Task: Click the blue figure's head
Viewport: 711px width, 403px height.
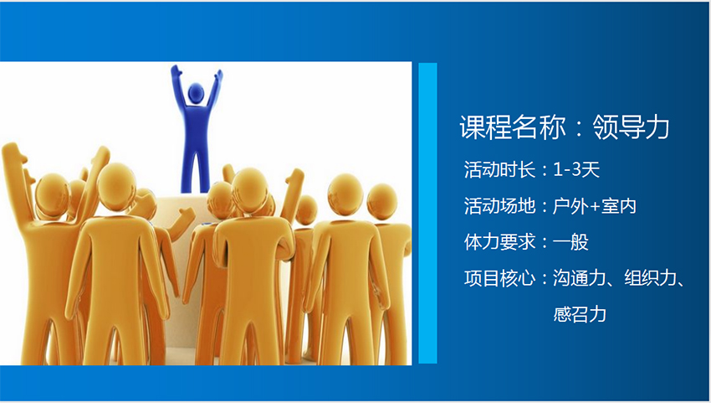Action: pyautogui.click(x=196, y=93)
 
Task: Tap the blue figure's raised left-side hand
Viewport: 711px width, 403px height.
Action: pyautogui.click(x=176, y=71)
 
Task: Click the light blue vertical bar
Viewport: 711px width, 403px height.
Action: pyautogui.click(x=427, y=213)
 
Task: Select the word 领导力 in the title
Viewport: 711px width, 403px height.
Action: pyautogui.click(x=631, y=127)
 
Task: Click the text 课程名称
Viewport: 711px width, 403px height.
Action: pyautogui.click(x=513, y=127)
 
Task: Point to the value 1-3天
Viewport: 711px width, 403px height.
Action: pyautogui.click(x=576, y=170)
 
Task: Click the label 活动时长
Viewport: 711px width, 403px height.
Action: pyautogui.click(x=499, y=170)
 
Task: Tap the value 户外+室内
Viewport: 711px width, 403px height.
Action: pyautogui.click(x=595, y=206)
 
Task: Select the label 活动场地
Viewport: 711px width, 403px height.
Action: pyautogui.click(x=499, y=206)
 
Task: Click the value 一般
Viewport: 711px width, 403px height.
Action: pyautogui.click(x=570, y=242)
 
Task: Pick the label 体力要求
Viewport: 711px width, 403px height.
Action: pyautogui.click(x=499, y=242)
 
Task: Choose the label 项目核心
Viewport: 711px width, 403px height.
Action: pyautogui.click(x=499, y=278)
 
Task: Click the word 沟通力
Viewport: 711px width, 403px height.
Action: pyautogui.click(x=580, y=278)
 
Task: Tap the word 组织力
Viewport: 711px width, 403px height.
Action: pyautogui.click(x=651, y=278)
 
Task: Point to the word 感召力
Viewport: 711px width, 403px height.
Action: pyautogui.click(x=580, y=314)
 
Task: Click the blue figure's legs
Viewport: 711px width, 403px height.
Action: pyautogui.click(x=196, y=169)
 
